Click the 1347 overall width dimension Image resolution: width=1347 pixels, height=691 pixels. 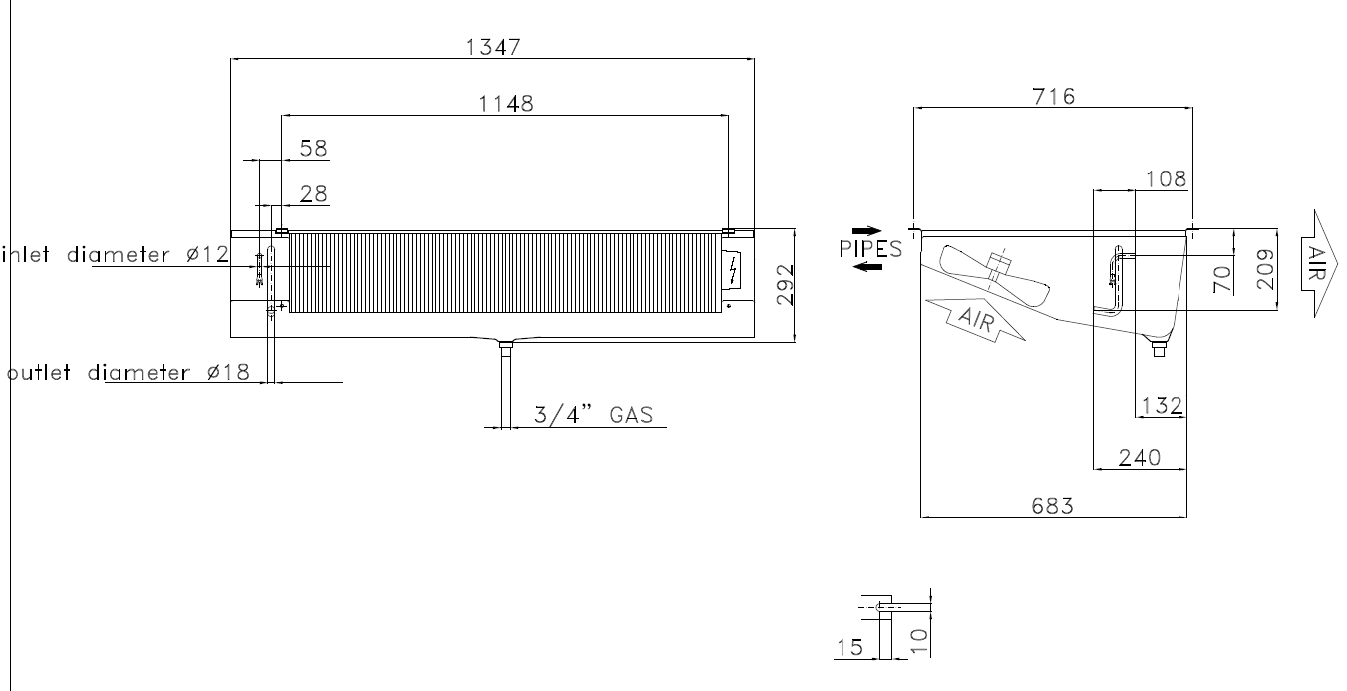pos(494,47)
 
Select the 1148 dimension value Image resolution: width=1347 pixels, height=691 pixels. pos(505,104)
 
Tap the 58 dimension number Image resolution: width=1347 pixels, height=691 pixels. pos(313,148)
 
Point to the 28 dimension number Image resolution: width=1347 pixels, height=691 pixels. pos(313,194)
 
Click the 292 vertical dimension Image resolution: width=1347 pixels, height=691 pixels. pos(785,285)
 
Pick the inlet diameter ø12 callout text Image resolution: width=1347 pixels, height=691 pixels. pos(116,255)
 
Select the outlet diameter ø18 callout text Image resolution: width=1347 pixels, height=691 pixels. pos(128,373)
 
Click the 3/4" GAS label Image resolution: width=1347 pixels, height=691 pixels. pos(593,415)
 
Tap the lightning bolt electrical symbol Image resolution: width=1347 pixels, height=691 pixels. pos(733,271)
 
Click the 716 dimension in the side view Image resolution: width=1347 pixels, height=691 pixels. pos(1053,97)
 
